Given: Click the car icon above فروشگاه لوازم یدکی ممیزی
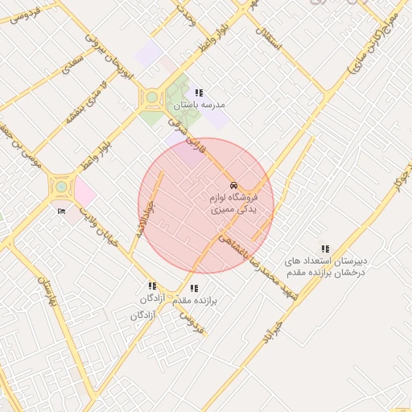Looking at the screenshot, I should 233,183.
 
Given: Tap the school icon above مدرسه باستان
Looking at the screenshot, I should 199,93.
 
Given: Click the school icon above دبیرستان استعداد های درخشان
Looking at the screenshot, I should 325,249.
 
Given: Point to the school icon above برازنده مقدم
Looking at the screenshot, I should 193,288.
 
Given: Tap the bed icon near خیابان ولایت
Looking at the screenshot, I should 62,212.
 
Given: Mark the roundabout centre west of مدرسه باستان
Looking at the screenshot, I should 151,99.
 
